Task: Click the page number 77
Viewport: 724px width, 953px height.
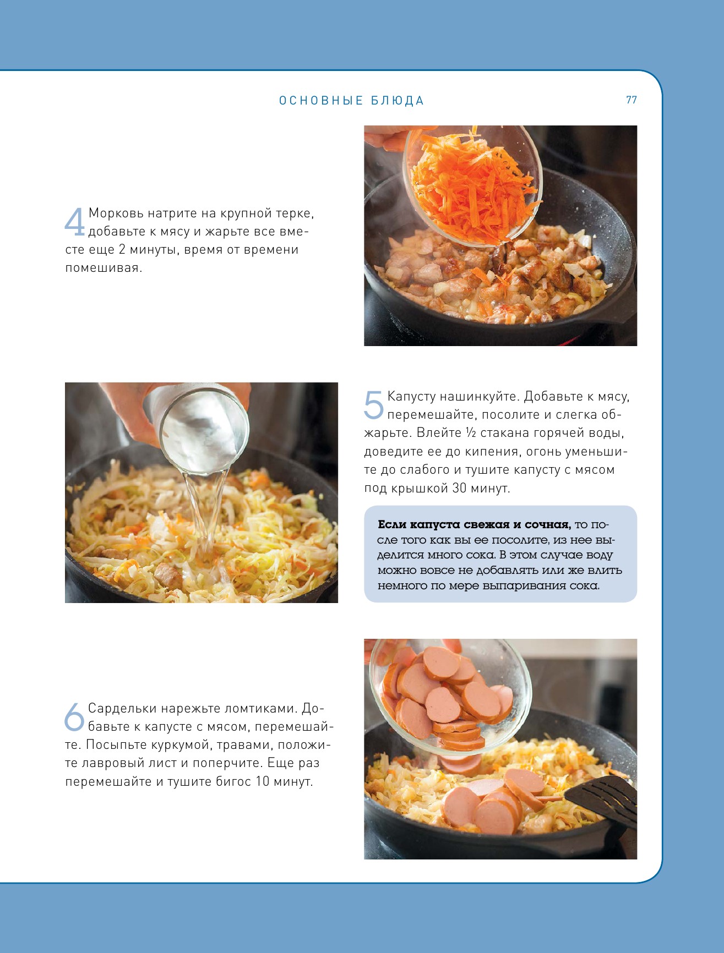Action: [632, 100]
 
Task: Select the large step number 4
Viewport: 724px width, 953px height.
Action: [74, 222]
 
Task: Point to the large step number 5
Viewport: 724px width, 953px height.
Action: [373, 405]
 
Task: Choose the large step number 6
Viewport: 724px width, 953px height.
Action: [74, 717]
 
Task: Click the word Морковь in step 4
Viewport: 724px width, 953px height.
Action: [116, 213]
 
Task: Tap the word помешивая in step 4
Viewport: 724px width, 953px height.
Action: [104, 269]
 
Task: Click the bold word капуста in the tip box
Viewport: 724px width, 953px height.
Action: [434, 525]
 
